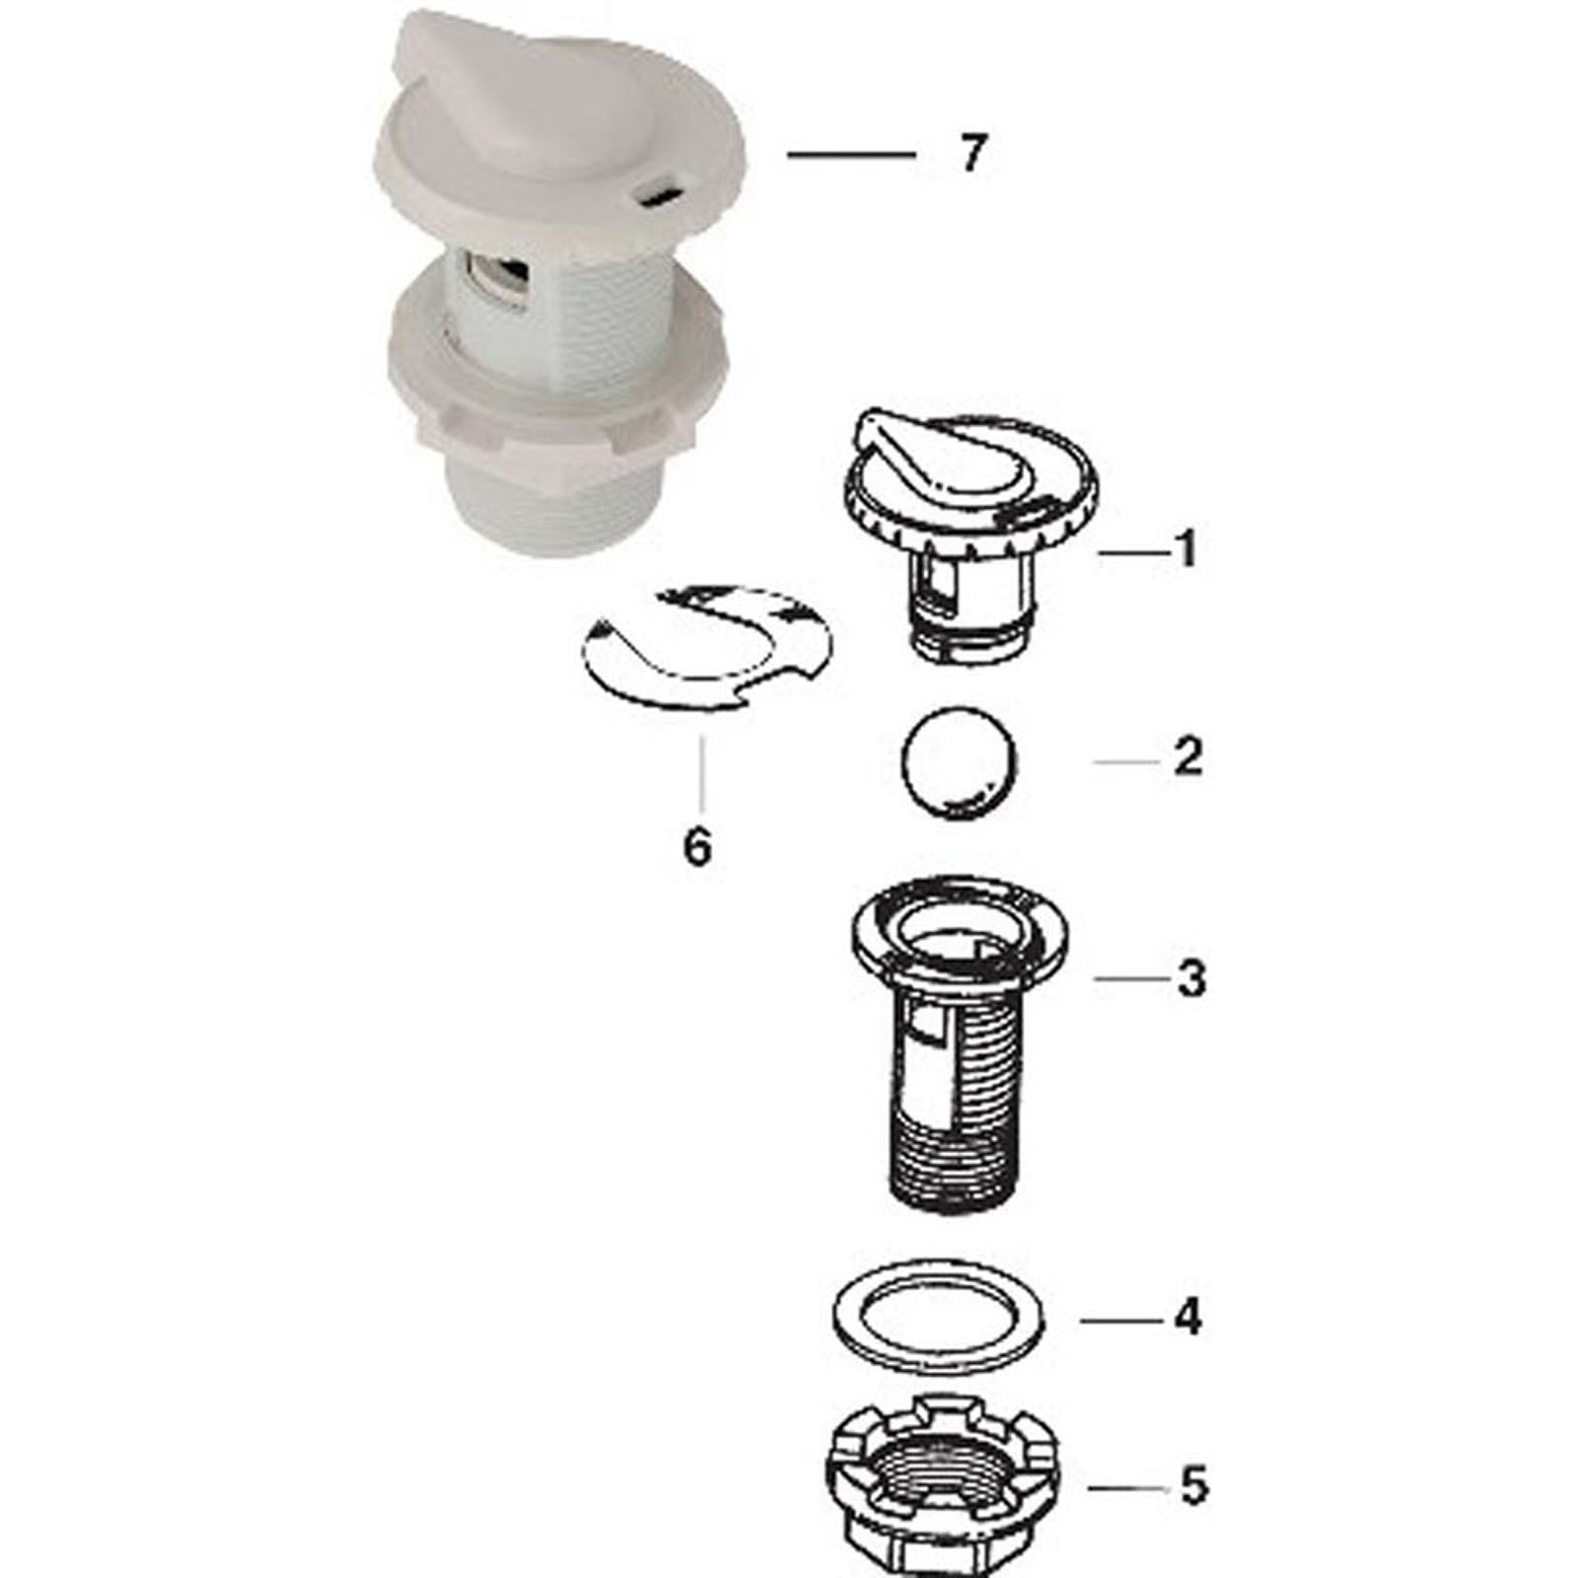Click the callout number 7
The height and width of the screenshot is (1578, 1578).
(x=972, y=154)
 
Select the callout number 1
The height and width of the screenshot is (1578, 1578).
(x=1187, y=548)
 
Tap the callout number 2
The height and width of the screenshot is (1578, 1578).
(x=1188, y=757)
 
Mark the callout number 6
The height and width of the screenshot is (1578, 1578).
(x=697, y=846)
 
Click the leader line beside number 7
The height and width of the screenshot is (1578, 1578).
(x=850, y=154)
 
